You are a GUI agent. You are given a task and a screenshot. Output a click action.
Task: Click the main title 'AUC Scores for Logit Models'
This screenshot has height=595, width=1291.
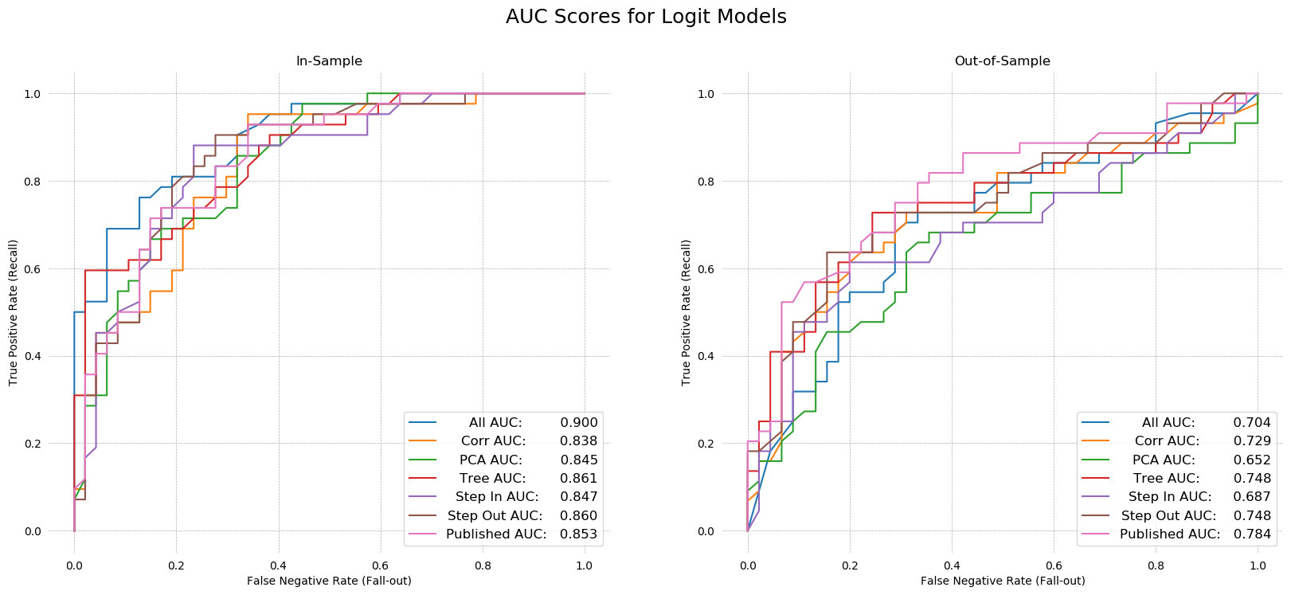(646, 17)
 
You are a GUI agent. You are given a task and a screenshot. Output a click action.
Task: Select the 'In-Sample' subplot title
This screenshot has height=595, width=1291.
(329, 61)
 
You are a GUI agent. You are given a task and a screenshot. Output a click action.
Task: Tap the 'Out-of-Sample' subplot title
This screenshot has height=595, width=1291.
(1002, 61)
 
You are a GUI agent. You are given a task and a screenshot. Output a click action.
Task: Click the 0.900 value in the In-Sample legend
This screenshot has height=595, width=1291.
(579, 423)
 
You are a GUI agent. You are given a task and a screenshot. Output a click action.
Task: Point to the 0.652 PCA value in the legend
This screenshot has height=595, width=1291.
(1252, 460)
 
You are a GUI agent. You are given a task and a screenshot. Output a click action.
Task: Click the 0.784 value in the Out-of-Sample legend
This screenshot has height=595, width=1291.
(1252, 534)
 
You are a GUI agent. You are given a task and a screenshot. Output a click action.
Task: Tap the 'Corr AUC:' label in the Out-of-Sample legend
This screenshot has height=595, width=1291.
(1167, 441)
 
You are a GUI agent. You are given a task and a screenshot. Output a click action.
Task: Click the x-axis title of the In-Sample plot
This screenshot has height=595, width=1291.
(329, 581)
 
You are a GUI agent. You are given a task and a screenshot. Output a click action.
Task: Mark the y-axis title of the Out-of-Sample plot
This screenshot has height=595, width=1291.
(687, 312)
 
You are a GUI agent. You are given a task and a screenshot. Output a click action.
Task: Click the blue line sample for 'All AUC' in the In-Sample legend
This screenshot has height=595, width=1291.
(422, 423)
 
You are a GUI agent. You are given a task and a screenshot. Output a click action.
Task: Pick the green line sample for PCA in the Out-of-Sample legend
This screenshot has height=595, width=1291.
(1095, 460)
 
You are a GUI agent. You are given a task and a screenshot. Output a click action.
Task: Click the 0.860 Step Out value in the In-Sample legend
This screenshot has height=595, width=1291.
(579, 516)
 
